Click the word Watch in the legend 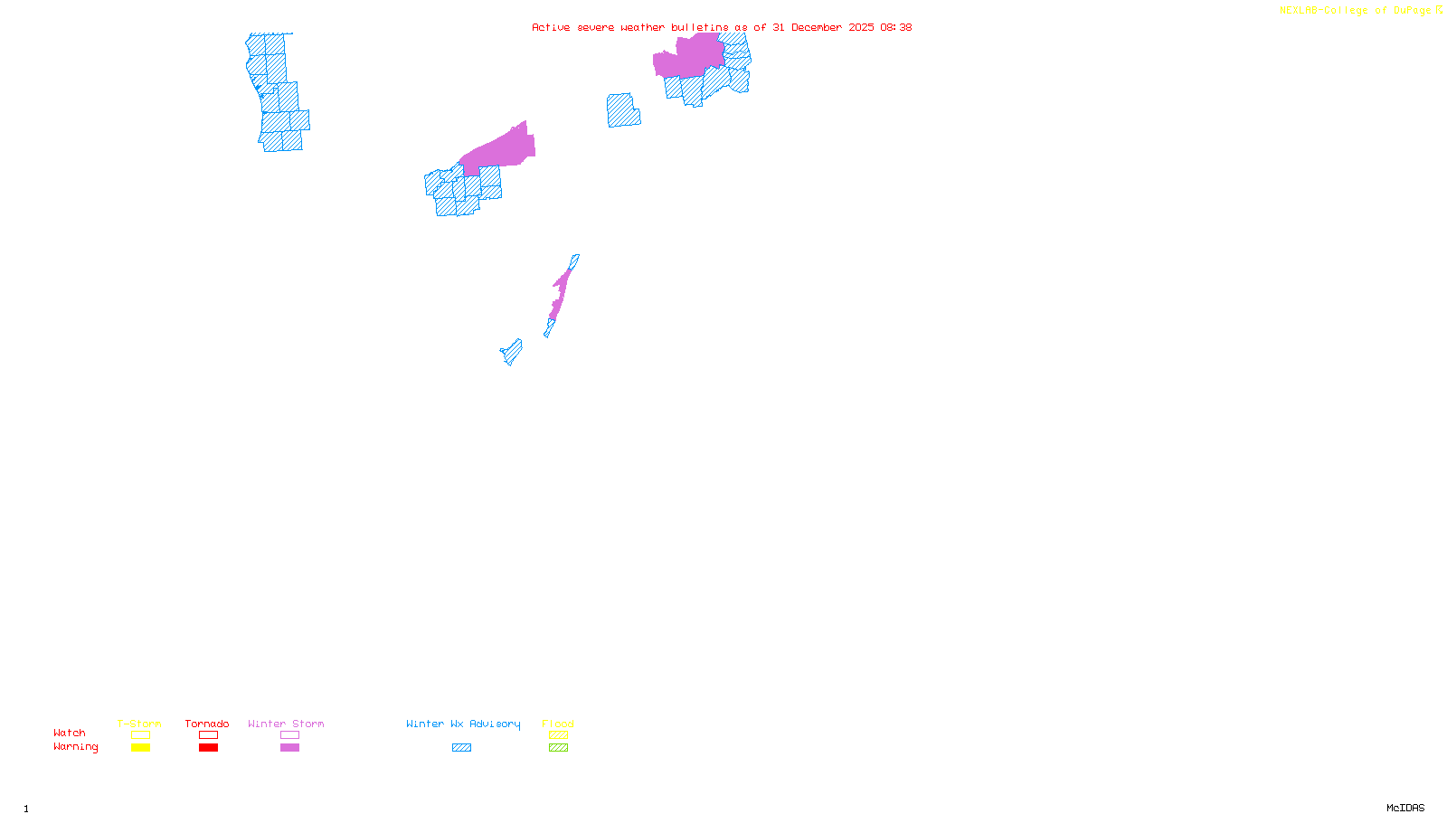point(70,734)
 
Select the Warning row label point(76,747)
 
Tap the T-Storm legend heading point(139,724)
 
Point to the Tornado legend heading point(207,724)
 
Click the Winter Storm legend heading point(286,724)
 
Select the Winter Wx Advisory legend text point(463,724)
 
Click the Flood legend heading point(558,724)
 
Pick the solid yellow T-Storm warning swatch point(140,748)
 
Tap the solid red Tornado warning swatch point(209,748)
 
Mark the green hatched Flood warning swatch point(558,748)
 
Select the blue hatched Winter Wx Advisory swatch point(461,748)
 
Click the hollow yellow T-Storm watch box point(140,735)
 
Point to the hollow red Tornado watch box point(209,735)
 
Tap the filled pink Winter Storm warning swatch point(289,748)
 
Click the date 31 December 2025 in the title point(823,27)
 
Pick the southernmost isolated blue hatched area point(512,352)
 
